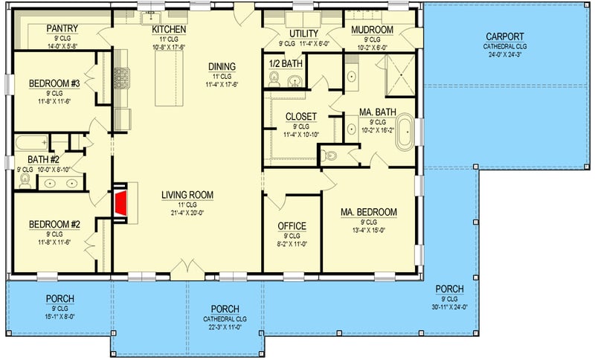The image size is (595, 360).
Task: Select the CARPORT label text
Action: (505, 36)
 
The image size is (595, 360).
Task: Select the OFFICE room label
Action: (292, 226)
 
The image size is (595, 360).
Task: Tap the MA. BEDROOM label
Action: (369, 213)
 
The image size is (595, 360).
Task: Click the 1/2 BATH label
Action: (285, 65)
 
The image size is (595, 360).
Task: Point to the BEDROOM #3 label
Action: (54, 83)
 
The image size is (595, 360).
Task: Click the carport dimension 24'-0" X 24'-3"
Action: (505, 55)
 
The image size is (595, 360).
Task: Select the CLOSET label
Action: (301, 117)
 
